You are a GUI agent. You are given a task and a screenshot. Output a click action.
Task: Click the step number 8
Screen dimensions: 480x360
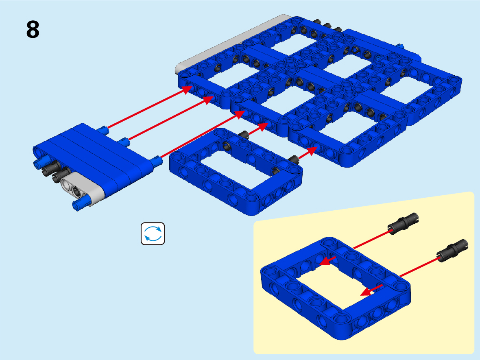click(33, 29)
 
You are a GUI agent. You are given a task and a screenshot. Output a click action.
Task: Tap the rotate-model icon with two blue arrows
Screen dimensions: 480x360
click(153, 233)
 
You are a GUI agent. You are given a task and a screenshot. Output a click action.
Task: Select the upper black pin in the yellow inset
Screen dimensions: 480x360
click(403, 223)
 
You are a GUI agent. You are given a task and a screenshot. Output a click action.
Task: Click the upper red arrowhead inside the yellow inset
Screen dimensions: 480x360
click(327, 261)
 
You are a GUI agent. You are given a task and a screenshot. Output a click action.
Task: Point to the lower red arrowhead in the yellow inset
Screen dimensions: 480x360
click(368, 291)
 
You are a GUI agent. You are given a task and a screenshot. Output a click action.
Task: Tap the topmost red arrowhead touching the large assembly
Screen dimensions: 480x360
click(187, 89)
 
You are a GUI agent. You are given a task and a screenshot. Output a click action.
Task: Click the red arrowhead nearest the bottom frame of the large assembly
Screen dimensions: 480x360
click(312, 151)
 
